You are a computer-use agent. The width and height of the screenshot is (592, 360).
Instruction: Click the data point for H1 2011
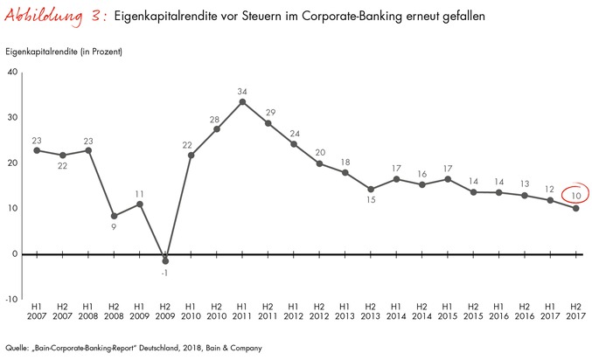(241, 101)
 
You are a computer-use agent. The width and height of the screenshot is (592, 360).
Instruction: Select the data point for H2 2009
(165, 260)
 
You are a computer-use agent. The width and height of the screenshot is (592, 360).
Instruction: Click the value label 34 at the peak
(241, 90)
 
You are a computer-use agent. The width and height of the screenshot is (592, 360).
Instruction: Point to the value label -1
(166, 272)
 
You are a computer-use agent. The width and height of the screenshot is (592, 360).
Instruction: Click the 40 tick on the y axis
(12, 72)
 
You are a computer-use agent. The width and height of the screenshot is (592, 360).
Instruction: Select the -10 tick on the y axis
(11, 299)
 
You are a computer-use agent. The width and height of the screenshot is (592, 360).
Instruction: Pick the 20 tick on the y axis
(12, 163)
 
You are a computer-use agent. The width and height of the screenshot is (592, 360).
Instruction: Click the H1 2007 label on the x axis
(37, 312)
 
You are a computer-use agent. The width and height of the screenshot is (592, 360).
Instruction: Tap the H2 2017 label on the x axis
(575, 312)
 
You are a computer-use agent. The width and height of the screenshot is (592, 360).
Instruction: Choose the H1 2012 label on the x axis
(293, 312)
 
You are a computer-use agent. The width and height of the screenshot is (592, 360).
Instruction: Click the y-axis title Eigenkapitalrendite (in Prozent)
(64, 53)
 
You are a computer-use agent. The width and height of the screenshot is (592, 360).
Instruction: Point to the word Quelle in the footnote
(17, 347)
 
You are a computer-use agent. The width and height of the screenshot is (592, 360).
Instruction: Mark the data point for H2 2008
(115, 215)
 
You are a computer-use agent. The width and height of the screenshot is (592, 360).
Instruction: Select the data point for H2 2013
(371, 189)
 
